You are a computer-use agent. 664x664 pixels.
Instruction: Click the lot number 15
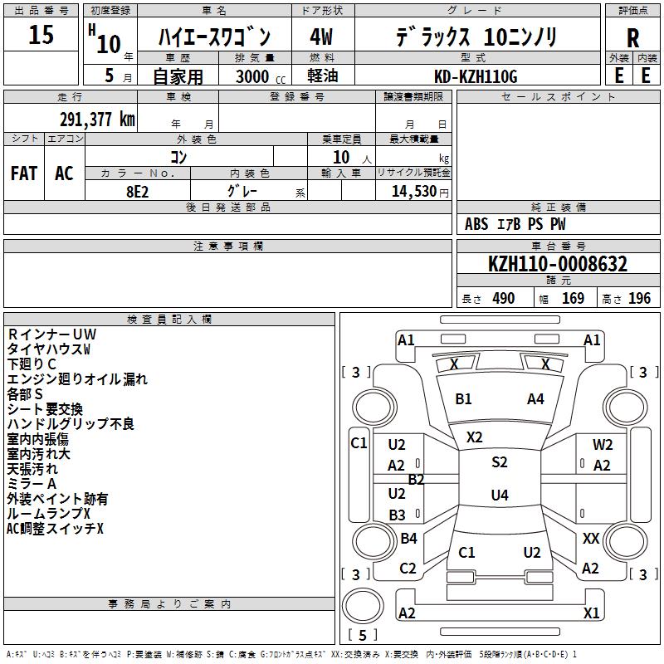41,36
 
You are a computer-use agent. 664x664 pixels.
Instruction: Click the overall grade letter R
632,38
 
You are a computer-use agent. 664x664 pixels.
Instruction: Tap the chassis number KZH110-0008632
558,264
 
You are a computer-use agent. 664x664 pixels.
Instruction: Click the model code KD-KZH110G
476,76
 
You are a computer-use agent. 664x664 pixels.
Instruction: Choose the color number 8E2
138,190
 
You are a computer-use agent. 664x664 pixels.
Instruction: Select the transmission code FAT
23,173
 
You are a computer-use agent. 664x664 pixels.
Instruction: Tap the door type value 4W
322,38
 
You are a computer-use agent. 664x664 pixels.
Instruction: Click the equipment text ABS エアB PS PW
515,224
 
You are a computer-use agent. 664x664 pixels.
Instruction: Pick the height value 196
639,298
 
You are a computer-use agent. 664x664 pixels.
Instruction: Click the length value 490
503,298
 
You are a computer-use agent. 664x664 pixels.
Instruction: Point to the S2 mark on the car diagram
499,462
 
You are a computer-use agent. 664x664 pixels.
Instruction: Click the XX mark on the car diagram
590,539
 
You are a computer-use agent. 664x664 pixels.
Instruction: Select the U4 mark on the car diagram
499,496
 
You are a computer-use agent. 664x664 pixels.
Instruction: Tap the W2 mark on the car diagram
603,445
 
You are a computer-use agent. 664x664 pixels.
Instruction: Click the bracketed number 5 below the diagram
362,636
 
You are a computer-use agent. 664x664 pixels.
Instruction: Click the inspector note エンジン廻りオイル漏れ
77,378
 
